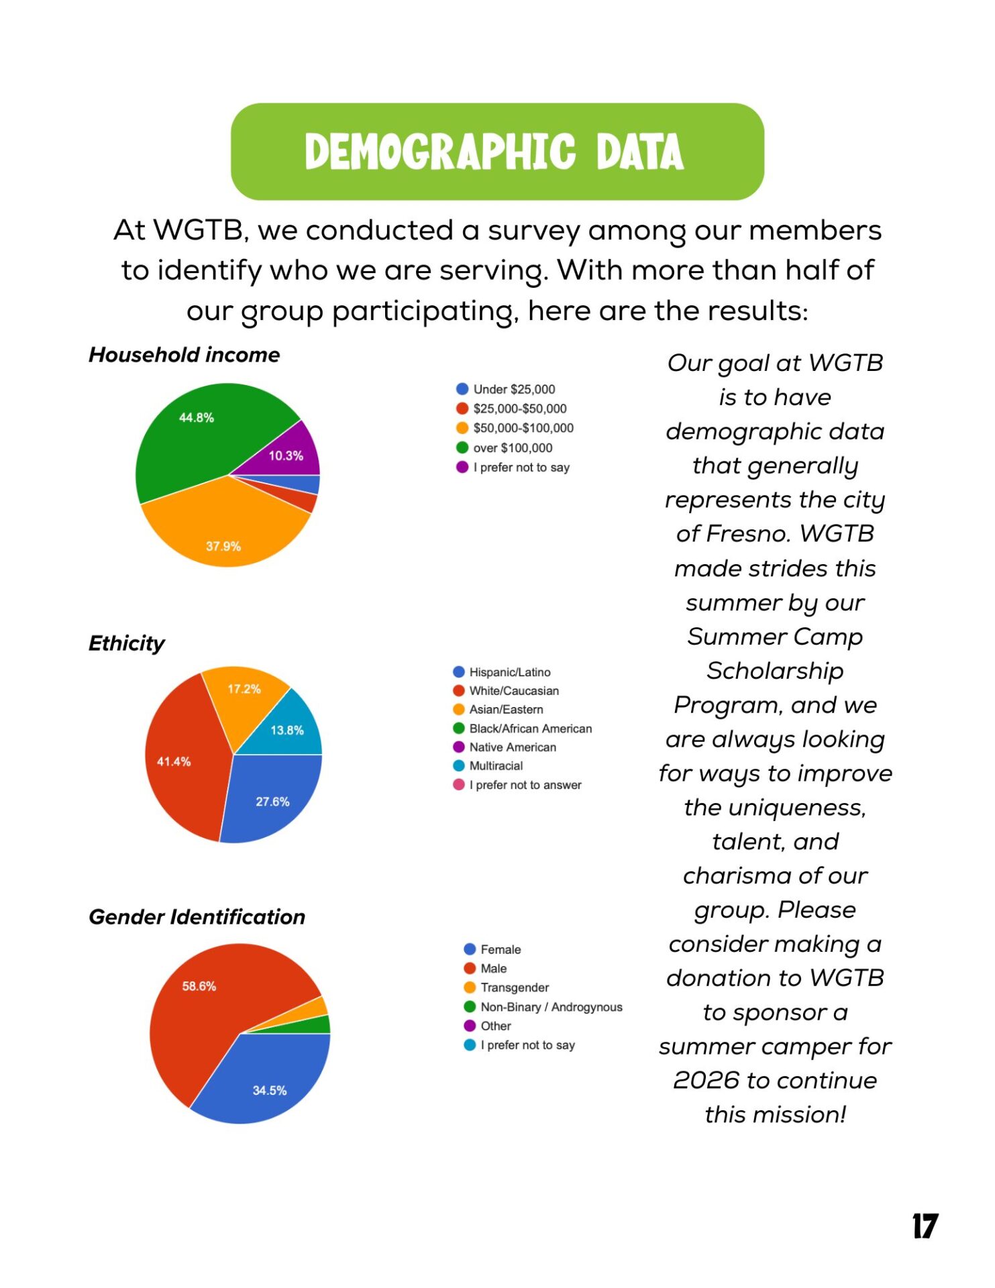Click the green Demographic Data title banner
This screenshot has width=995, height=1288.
pos(496,152)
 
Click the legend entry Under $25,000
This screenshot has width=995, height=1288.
pos(513,389)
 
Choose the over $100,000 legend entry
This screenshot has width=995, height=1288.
pos(512,447)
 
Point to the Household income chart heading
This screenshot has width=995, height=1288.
pos(185,355)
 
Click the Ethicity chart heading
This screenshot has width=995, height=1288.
pos(126,643)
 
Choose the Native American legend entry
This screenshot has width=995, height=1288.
pos(512,747)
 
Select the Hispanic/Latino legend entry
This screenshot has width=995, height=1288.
pos(509,672)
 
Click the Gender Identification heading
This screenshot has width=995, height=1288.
pos(197,917)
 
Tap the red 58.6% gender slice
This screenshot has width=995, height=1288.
pos(208,1006)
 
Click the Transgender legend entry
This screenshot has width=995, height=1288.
pos(514,987)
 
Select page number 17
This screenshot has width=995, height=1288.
pos(925,1226)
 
